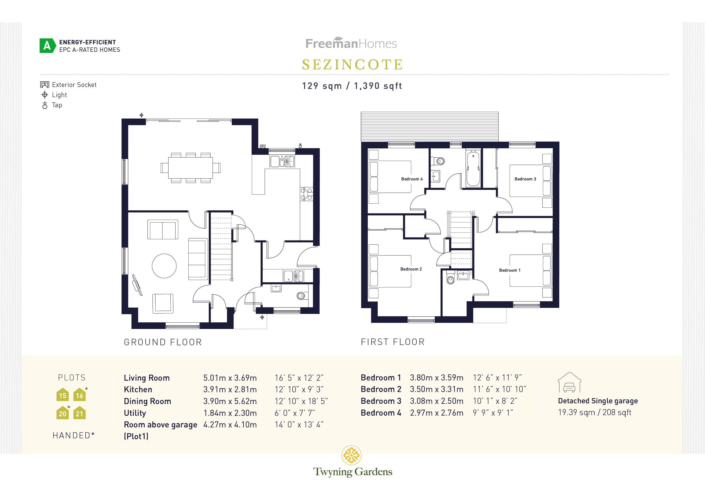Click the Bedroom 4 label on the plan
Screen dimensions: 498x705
pos(411,179)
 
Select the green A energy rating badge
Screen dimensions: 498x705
pos(47,46)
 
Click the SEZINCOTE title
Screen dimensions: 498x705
pos(352,65)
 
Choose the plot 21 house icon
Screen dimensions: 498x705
pos(80,413)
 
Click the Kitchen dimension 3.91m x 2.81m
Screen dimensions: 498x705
pos(230,389)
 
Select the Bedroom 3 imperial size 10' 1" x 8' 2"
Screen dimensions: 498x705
pos(495,401)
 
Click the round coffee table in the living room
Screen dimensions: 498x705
pos(164,266)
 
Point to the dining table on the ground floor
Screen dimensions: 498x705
pos(190,168)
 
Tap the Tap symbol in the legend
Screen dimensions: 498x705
pos(45,105)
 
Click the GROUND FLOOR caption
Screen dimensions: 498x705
pos(163,342)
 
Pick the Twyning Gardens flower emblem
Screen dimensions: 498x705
pos(351,455)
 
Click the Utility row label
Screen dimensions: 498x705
pos(135,413)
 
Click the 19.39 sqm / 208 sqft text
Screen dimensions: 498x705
pos(595,412)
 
